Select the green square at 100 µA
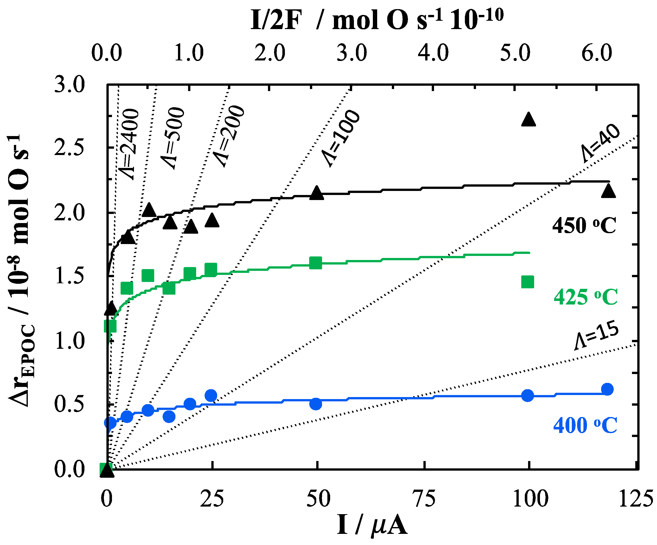click(528, 282)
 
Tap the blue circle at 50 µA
click(316, 404)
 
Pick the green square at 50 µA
click(316, 263)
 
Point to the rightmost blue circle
click(607, 389)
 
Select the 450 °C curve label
click(584, 225)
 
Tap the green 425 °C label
click(586, 297)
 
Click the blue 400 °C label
click(585, 425)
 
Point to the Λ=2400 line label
click(129, 144)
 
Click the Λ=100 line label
click(341, 138)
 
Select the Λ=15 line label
click(596, 335)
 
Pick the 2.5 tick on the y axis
click(69, 148)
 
